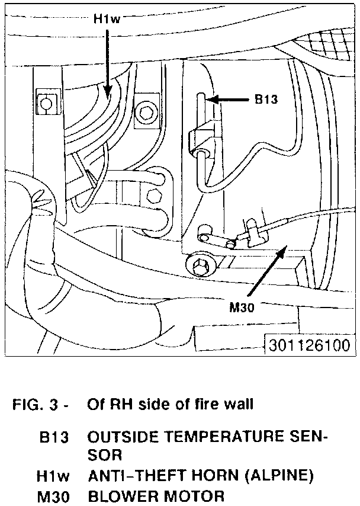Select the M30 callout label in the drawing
243,307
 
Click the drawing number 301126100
308,345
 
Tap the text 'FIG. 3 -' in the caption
40,405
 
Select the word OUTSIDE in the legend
116,438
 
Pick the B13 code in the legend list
54,438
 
